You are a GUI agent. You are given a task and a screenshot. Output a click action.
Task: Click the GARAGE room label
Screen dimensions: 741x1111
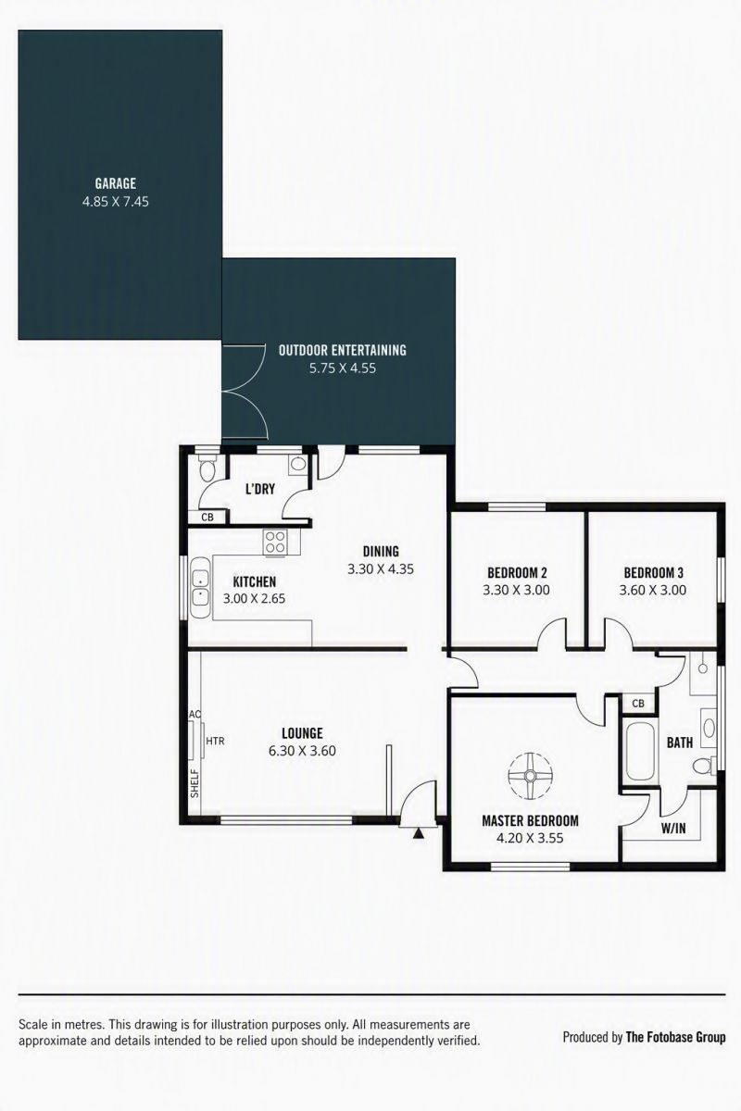click(x=116, y=183)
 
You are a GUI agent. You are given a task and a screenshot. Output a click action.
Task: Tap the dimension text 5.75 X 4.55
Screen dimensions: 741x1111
click(x=343, y=368)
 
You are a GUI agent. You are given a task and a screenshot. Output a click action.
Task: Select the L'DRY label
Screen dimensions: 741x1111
click(x=260, y=489)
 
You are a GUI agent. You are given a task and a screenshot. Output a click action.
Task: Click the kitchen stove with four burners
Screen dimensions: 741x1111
click(x=275, y=542)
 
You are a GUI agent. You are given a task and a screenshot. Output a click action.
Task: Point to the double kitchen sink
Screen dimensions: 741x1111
click(x=200, y=588)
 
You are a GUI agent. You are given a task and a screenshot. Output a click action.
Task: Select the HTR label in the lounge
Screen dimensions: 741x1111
click(x=215, y=741)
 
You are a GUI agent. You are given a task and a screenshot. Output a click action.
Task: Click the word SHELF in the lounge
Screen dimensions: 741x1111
click(x=195, y=783)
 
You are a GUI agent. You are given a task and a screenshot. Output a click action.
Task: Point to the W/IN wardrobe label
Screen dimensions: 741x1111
click(x=673, y=828)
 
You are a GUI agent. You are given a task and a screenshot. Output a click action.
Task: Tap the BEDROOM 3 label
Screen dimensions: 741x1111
click(x=653, y=573)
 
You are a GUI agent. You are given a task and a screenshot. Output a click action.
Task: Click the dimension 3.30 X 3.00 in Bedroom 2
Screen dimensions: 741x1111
click(x=516, y=591)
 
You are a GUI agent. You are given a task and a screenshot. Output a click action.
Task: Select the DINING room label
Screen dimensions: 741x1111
click(x=381, y=551)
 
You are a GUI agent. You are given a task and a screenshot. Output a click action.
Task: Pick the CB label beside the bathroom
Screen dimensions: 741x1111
click(x=638, y=704)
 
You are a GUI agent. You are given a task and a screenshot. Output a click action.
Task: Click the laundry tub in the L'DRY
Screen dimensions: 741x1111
click(x=298, y=464)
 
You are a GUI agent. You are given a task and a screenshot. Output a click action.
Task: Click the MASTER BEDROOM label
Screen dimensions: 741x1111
click(x=530, y=820)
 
